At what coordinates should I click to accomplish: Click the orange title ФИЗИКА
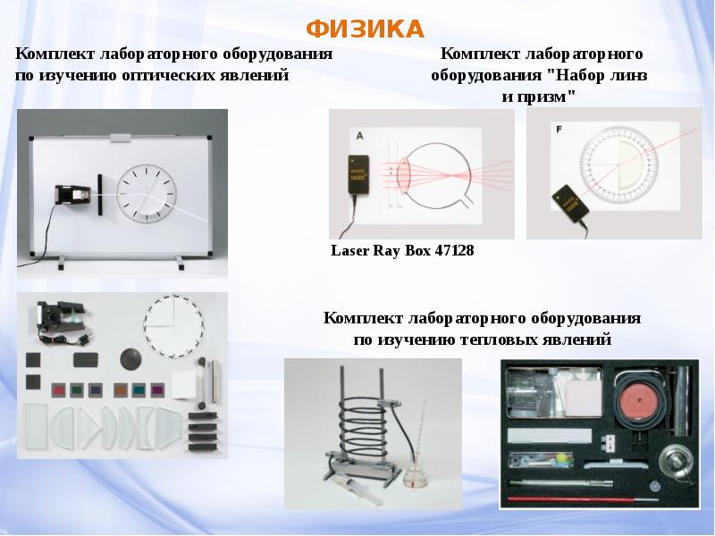(365, 29)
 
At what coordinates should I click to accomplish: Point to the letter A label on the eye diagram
(360, 136)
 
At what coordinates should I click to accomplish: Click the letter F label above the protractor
(559, 130)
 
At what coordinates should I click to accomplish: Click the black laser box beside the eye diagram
(359, 174)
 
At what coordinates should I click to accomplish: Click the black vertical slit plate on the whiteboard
(99, 195)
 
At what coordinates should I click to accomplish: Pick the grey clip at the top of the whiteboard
(120, 137)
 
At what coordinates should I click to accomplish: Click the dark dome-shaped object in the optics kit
(130, 358)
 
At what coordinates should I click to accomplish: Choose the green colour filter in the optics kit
(76, 390)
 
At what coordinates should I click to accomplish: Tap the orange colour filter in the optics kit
(120, 390)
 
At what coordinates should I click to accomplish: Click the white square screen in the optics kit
(183, 385)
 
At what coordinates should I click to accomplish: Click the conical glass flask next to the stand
(415, 475)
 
